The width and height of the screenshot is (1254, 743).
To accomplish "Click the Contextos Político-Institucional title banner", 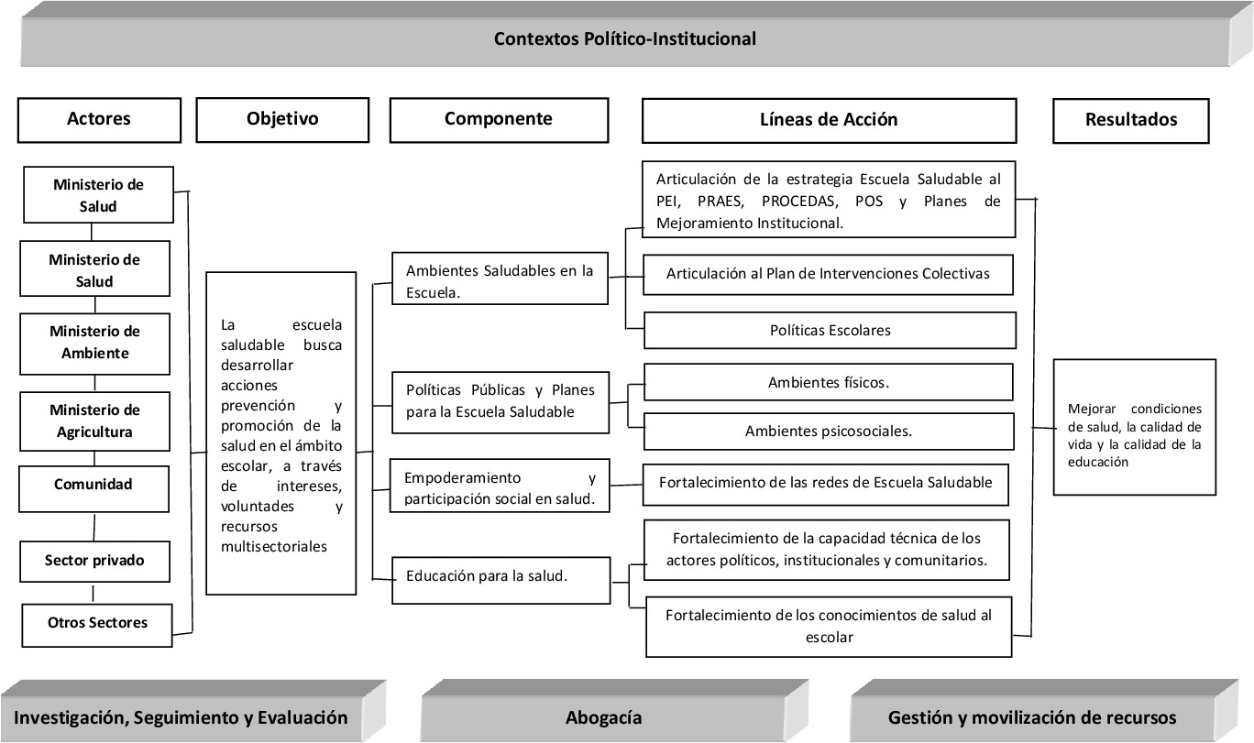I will (625, 39).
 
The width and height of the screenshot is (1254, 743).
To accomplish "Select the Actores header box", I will (99, 119).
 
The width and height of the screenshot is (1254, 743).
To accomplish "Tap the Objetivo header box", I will (282, 119).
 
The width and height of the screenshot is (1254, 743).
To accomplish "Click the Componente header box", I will (498, 119).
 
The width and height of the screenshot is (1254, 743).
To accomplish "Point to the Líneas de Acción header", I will (829, 120).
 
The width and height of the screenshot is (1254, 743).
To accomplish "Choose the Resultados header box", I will (1130, 120).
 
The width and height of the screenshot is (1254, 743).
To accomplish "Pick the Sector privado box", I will (96, 559).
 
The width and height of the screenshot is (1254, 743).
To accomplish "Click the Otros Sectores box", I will (97, 623).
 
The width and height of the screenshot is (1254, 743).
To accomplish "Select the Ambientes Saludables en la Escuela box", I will (500, 279).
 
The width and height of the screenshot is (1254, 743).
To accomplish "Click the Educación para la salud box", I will (500, 576).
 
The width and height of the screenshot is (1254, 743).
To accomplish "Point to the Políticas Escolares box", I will (830, 331).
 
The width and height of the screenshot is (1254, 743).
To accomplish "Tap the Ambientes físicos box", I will (829, 383).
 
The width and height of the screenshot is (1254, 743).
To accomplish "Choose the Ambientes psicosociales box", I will (829, 431).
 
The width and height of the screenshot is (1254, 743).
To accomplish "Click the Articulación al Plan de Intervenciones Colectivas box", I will (829, 274).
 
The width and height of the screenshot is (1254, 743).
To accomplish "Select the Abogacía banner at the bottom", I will (603, 717).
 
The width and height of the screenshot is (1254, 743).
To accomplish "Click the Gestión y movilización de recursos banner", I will (1032, 717).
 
